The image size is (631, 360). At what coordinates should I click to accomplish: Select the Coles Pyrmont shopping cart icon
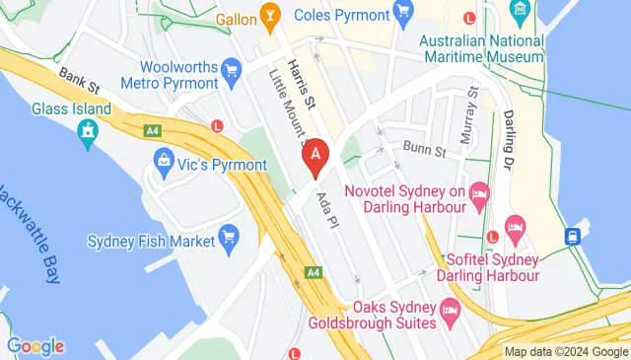[x=401, y=12]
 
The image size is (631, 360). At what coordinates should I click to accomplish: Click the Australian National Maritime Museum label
[x=480, y=48]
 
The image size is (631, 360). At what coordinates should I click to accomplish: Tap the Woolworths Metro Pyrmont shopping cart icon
[x=232, y=69]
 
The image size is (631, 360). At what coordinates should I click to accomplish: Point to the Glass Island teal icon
[x=89, y=129]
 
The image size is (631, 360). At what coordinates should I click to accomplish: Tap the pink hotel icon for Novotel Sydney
[x=479, y=191]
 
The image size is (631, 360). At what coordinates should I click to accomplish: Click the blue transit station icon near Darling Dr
[x=572, y=236]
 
